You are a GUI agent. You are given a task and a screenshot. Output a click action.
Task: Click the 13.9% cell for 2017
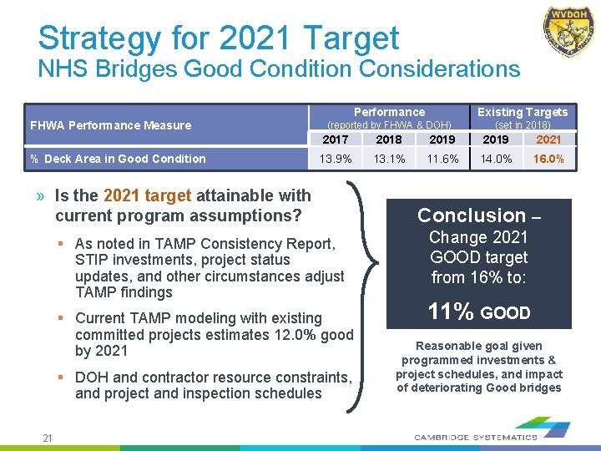(x=335, y=159)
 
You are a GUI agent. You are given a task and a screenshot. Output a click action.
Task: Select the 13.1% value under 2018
(x=388, y=159)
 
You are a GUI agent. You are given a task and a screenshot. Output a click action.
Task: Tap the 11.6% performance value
(x=442, y=159)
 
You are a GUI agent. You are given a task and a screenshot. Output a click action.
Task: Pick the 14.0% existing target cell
(x=496, y=159)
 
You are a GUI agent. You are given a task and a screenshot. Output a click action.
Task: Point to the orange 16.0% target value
(x=549, y=159)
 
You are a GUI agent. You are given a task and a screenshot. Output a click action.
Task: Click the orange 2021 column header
(x=549, y=139)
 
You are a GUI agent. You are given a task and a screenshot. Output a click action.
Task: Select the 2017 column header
(x=335, y=139)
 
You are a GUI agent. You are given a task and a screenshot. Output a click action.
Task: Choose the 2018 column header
(x=388, y=139)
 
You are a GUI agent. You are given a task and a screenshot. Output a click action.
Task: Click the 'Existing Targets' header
(x=523, y=112)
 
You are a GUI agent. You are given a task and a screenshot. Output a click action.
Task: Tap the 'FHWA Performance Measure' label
(x=110, y=125)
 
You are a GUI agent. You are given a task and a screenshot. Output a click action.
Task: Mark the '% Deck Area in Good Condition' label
(x=118, y=159)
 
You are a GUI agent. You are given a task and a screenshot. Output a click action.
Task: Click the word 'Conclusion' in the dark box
(x=471, y=215)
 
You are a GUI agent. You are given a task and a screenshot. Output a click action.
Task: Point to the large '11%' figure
(x=451, y=312)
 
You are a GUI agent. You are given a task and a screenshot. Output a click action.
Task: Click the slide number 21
(x=48, y=438)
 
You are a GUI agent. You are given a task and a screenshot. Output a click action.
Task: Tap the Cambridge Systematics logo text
(x=476, y=437)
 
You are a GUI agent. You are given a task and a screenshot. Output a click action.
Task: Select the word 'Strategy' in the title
(x=99, y=38)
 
